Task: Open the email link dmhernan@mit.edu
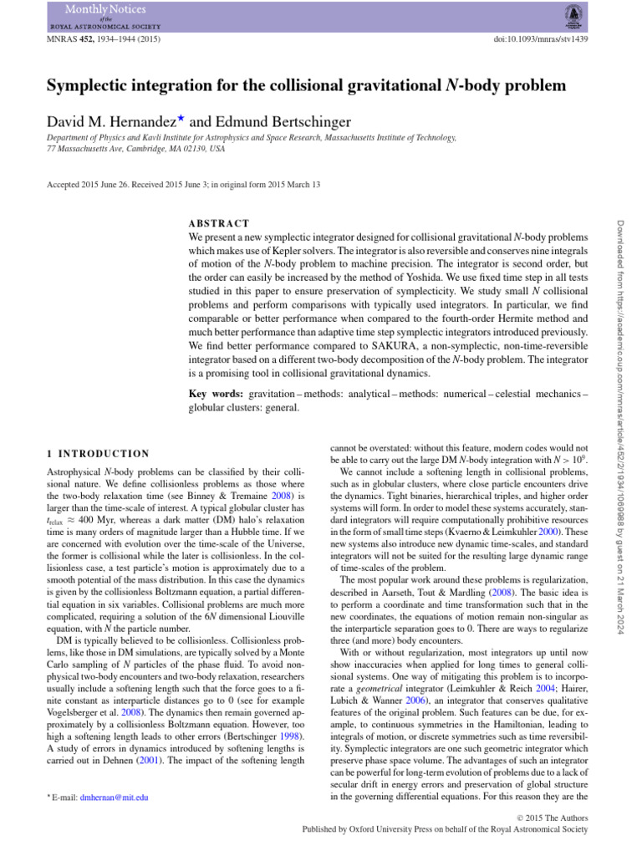(114, 797)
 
